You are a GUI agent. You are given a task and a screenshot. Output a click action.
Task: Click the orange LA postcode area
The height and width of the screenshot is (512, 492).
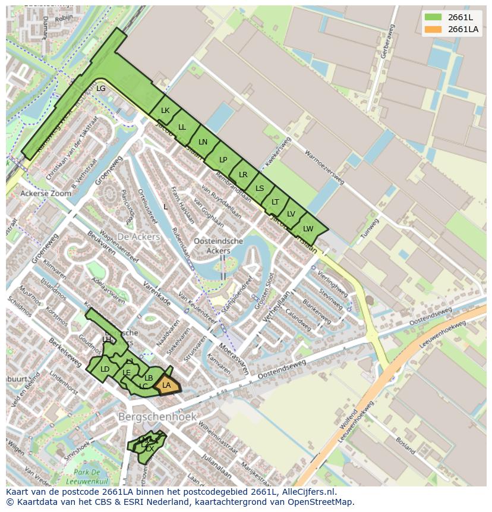(167, 386)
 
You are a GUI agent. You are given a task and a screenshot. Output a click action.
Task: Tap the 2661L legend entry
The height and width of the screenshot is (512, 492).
(451, 17)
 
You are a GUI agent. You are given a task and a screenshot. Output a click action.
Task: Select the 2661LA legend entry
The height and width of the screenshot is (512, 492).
(451, 29)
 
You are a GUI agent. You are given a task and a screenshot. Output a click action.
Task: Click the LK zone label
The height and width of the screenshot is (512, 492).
(165, 111)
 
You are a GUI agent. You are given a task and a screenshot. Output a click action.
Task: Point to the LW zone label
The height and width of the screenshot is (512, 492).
(308, 229)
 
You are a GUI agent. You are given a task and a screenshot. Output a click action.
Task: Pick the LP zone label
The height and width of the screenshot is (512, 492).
(223, 159)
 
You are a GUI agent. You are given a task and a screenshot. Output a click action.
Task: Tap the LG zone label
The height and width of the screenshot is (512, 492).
(101, 89)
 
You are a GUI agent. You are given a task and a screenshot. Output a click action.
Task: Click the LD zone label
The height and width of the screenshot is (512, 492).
(105, 369)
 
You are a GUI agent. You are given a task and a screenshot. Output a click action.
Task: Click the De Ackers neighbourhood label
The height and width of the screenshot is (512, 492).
(138, 237)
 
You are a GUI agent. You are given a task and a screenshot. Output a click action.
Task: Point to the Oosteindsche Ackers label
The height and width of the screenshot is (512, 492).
(219, 246)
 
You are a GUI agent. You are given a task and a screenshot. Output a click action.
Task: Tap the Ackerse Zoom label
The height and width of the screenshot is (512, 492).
(45, 193)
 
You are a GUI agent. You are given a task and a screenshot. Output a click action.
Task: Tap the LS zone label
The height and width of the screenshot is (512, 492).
(260, 189)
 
